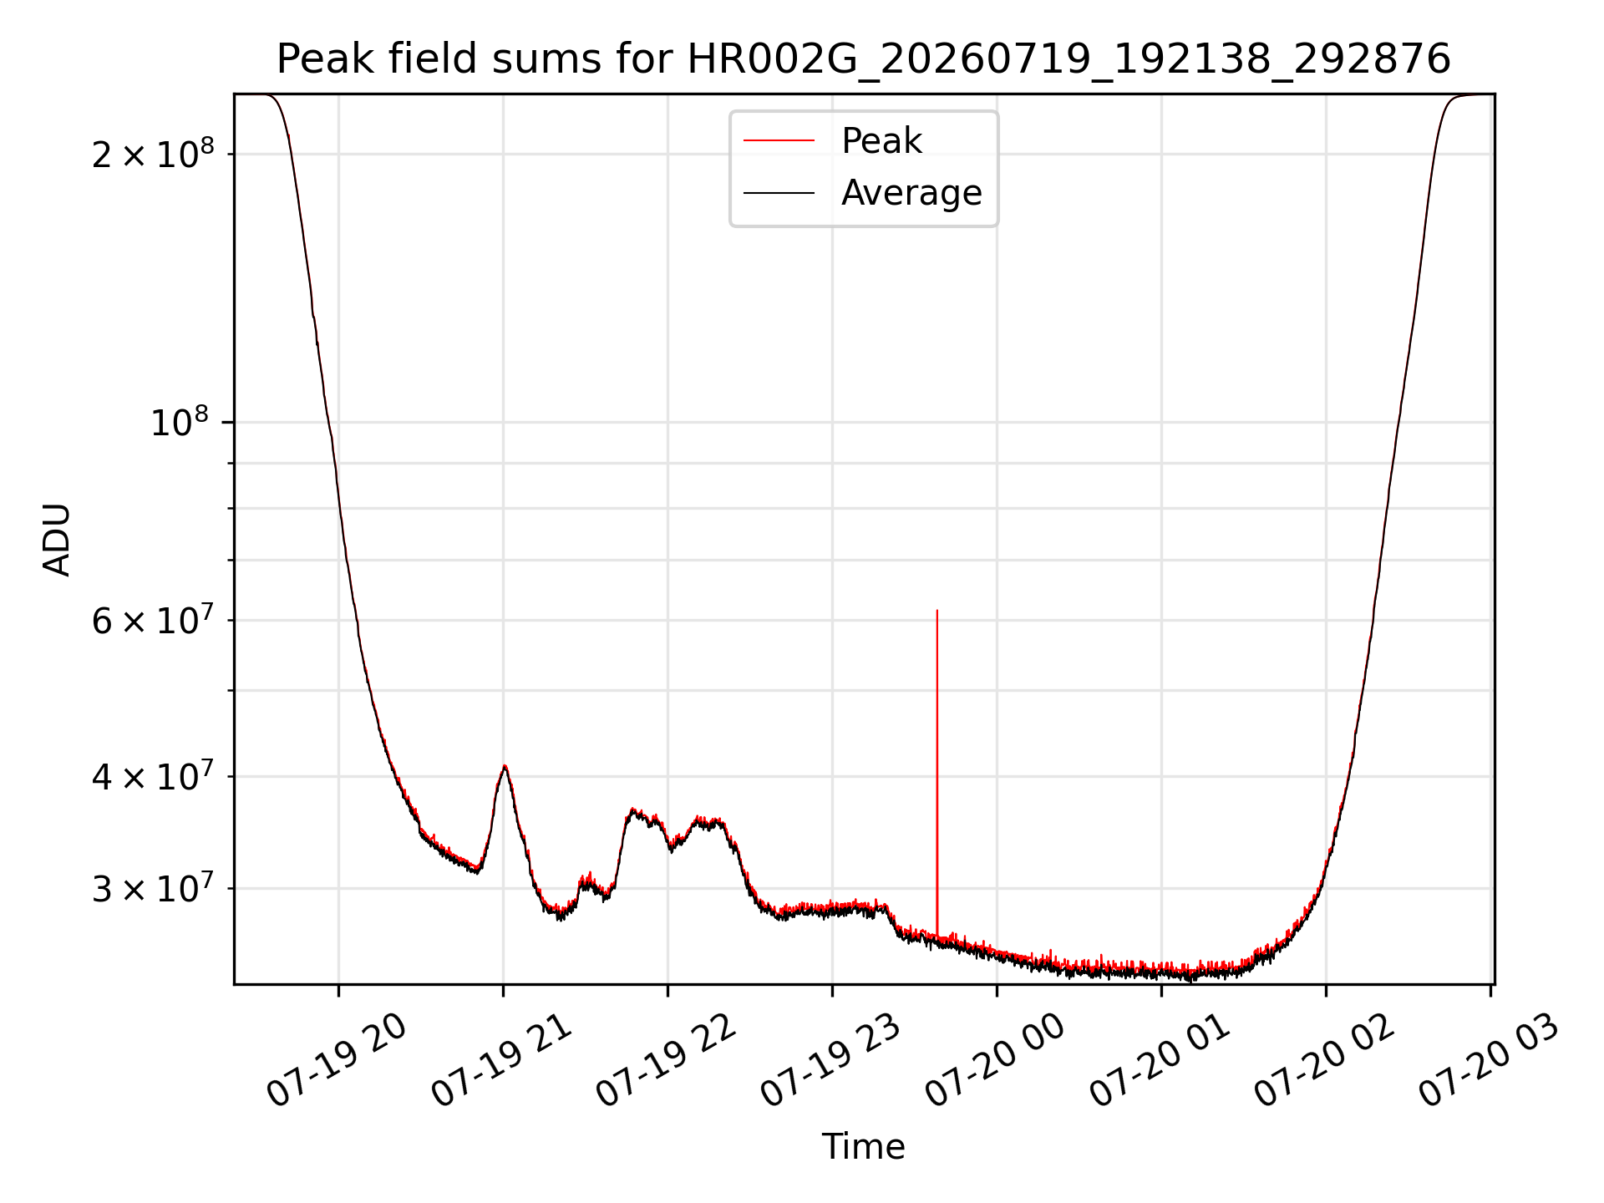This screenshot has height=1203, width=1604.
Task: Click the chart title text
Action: point(863,59)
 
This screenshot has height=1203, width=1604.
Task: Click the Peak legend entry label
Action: point(881,141)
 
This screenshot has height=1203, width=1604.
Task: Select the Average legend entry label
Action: point(911,193)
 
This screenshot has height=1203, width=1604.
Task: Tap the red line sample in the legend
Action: point(779,141)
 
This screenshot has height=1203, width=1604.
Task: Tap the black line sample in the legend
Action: point(779,193)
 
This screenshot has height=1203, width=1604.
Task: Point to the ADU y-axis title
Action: point(57,540)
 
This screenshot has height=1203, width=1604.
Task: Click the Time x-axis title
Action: point(863,1147)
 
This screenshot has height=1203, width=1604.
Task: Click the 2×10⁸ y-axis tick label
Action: point(153,154)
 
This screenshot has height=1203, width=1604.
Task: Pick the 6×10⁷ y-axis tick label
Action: point(153,620)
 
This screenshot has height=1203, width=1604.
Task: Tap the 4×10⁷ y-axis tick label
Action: point(153,776)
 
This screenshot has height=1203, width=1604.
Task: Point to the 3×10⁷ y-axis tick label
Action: point(153,888)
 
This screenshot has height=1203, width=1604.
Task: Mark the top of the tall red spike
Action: point(937,611)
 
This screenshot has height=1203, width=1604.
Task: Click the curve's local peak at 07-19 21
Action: point(505,766)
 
